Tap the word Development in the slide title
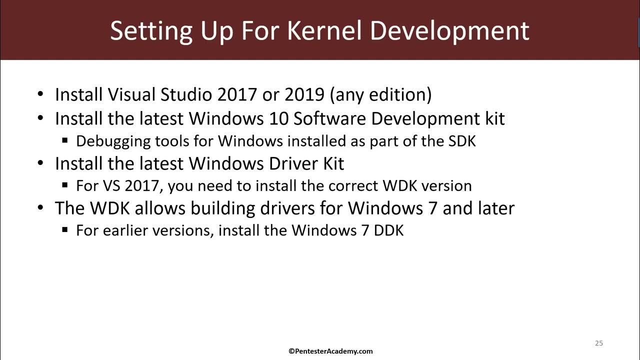pyautogui.click(x=449, y=30)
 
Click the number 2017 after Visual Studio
pyautogui.click(x=238, y=94)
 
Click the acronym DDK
pyautogui.click(x=388, y=230)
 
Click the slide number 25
pyautogui.click(x=599, y=343)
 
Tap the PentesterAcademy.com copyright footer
pyautogui.click(x=330, y=351)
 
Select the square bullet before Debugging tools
pyautogui.click(x=65, y=141)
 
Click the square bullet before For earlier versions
pyautogui.click(x=65, y=230)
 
